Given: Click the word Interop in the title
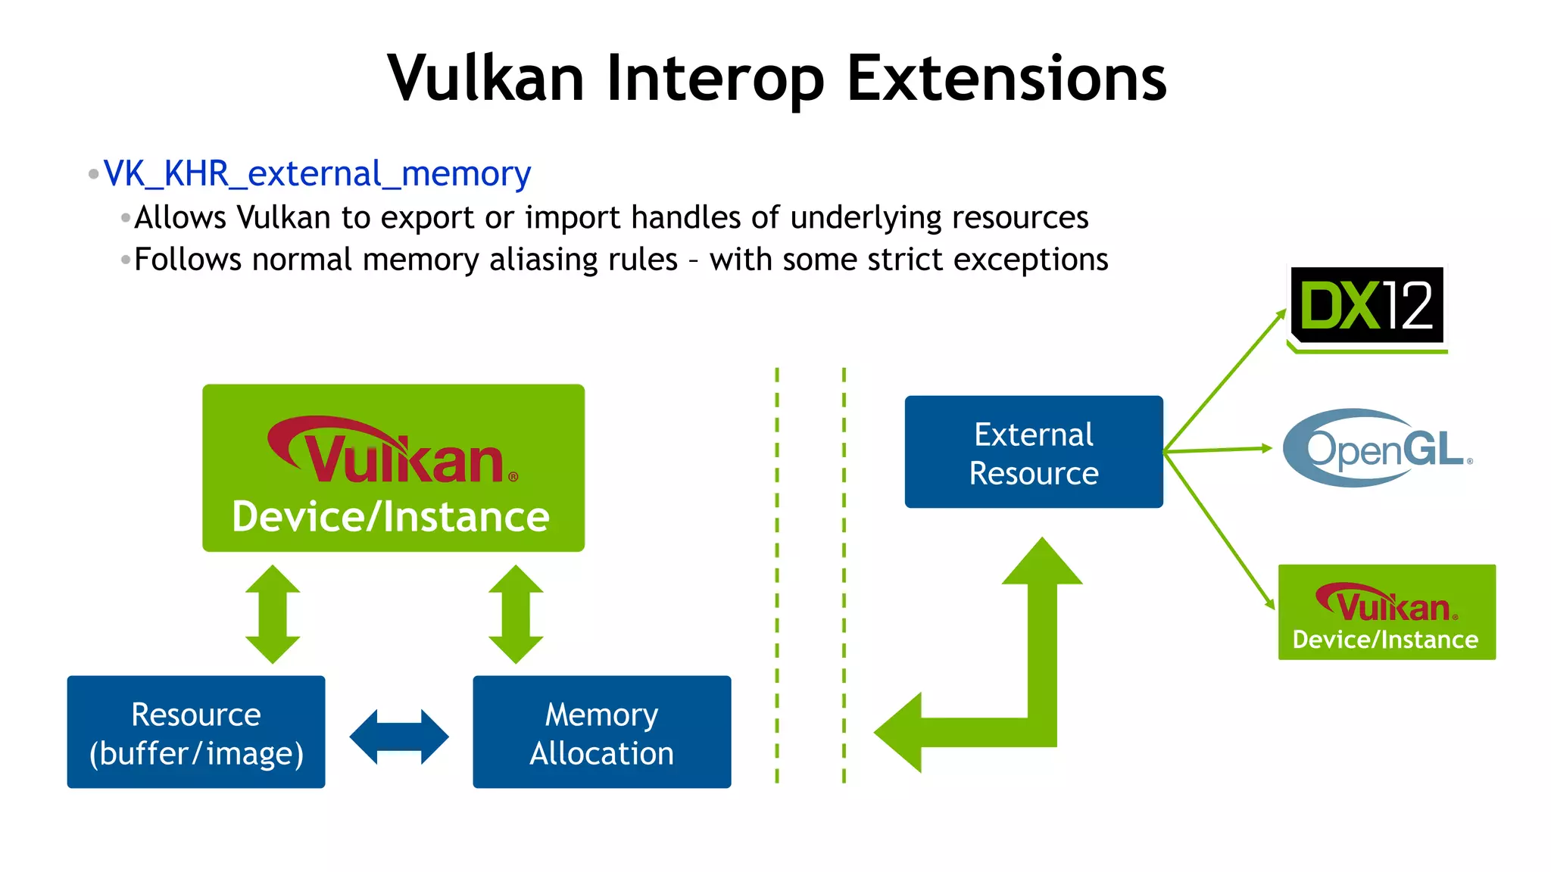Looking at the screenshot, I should tap(715, 79).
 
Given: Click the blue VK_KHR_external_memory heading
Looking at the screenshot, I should tap(317, 174).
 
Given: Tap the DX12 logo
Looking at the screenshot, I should tap(1367, 306).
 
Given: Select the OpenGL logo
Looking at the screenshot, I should tap(1377, 448).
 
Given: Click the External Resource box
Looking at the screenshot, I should tap(1033, 452).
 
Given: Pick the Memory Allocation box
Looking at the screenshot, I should tap(601, 732).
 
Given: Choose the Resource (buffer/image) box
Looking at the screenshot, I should tap(196, 732).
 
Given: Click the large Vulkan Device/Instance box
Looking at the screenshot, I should tap(393, 468).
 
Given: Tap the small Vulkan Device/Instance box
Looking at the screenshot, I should tap(1386, 612).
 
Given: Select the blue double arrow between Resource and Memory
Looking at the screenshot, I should tap(399, 737).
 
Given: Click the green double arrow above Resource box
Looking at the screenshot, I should tap(273, 614).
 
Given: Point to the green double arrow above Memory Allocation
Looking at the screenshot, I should tap(516, 614).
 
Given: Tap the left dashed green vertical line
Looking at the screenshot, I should tap(777, 575).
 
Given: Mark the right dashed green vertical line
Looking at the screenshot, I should tap(844, 575).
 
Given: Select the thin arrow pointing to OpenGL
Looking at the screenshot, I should tap(1219, 450).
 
